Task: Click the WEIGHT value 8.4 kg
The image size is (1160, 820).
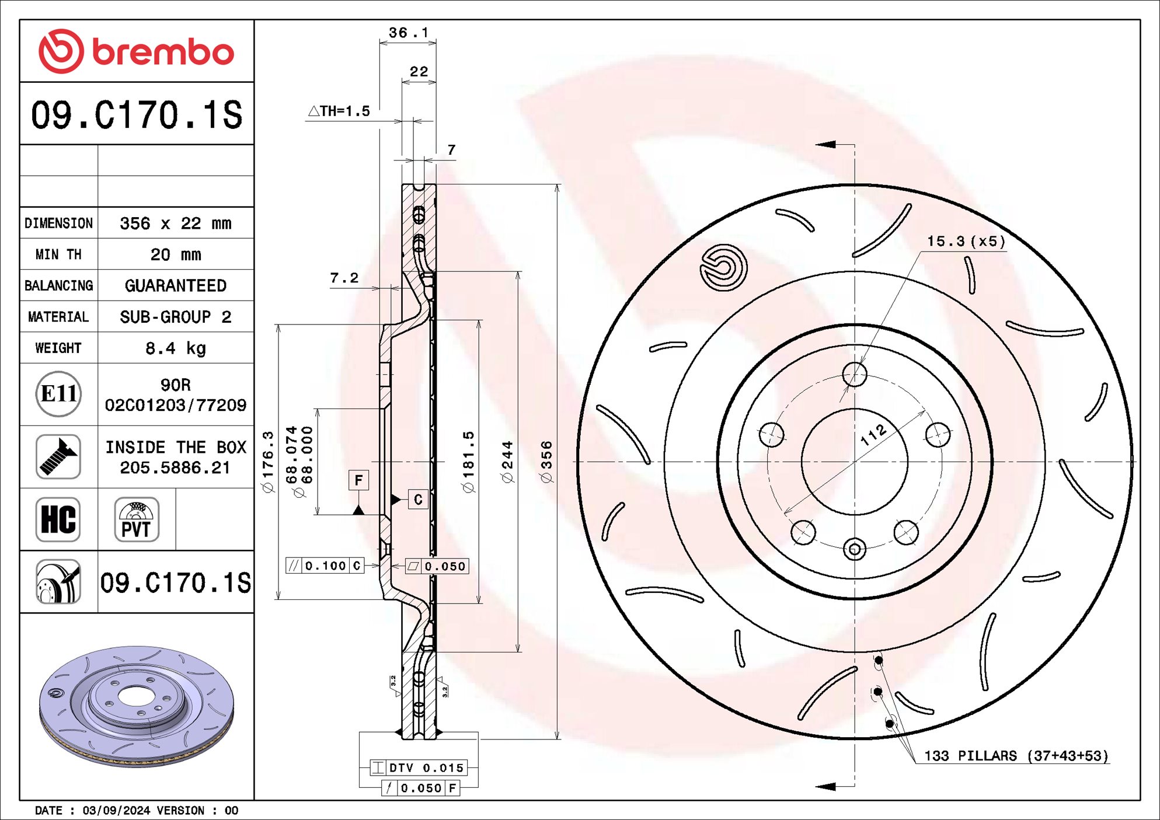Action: coord(175,348)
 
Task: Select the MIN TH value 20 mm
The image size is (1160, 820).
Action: coord(175,254)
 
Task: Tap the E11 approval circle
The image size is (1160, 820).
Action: coord(58,394)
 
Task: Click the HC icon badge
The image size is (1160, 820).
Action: coord(58,519)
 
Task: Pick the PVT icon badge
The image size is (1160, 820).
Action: coord(137,519)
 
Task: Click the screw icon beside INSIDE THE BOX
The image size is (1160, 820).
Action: coord(58,456)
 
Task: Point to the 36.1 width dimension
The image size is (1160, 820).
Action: coord(408,33)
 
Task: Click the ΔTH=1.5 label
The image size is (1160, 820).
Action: coord(339,111)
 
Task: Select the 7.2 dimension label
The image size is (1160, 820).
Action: coord(344,278)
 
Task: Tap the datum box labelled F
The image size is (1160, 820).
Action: coord(358,480)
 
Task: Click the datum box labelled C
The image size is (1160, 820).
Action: coord(418,500)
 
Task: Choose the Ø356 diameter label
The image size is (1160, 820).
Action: coord(546,462)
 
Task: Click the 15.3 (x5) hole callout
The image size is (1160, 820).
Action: coord(966,241)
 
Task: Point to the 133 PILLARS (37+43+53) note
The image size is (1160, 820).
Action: coord(1016,756)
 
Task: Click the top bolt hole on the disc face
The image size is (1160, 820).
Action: coord(855,374)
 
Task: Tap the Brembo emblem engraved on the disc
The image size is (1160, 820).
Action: coord(723,267)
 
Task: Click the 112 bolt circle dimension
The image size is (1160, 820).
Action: coord(873,435)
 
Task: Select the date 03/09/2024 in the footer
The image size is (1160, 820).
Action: coord(116,810)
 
